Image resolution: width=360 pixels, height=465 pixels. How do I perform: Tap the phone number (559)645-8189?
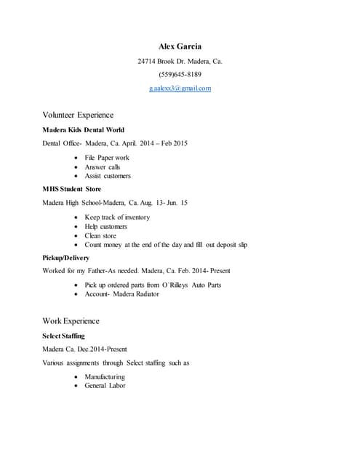(x=180, y=75)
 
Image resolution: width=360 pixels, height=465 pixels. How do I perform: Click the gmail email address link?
(x=180, y=89)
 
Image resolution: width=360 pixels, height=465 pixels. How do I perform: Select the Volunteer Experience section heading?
(x=78, y=115)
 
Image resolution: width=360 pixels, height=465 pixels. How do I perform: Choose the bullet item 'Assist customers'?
(x=108, y=176)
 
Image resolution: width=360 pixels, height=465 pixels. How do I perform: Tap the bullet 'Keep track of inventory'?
(x=117, y=217)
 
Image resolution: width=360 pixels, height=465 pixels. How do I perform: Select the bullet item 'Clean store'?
(x=100, y=235)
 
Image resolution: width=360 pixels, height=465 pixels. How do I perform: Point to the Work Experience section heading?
(x=71, y=321)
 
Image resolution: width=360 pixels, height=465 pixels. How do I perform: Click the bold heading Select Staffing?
(x=64, y=336)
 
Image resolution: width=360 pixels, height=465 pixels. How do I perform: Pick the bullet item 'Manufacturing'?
(x=105, y=377)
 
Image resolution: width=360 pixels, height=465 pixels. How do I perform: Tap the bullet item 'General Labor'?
(x=105, y=386)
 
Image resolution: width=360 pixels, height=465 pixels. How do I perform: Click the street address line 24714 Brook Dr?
(x=180, y=61)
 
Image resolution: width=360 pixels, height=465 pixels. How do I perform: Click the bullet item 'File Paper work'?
(x=107, y=158)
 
